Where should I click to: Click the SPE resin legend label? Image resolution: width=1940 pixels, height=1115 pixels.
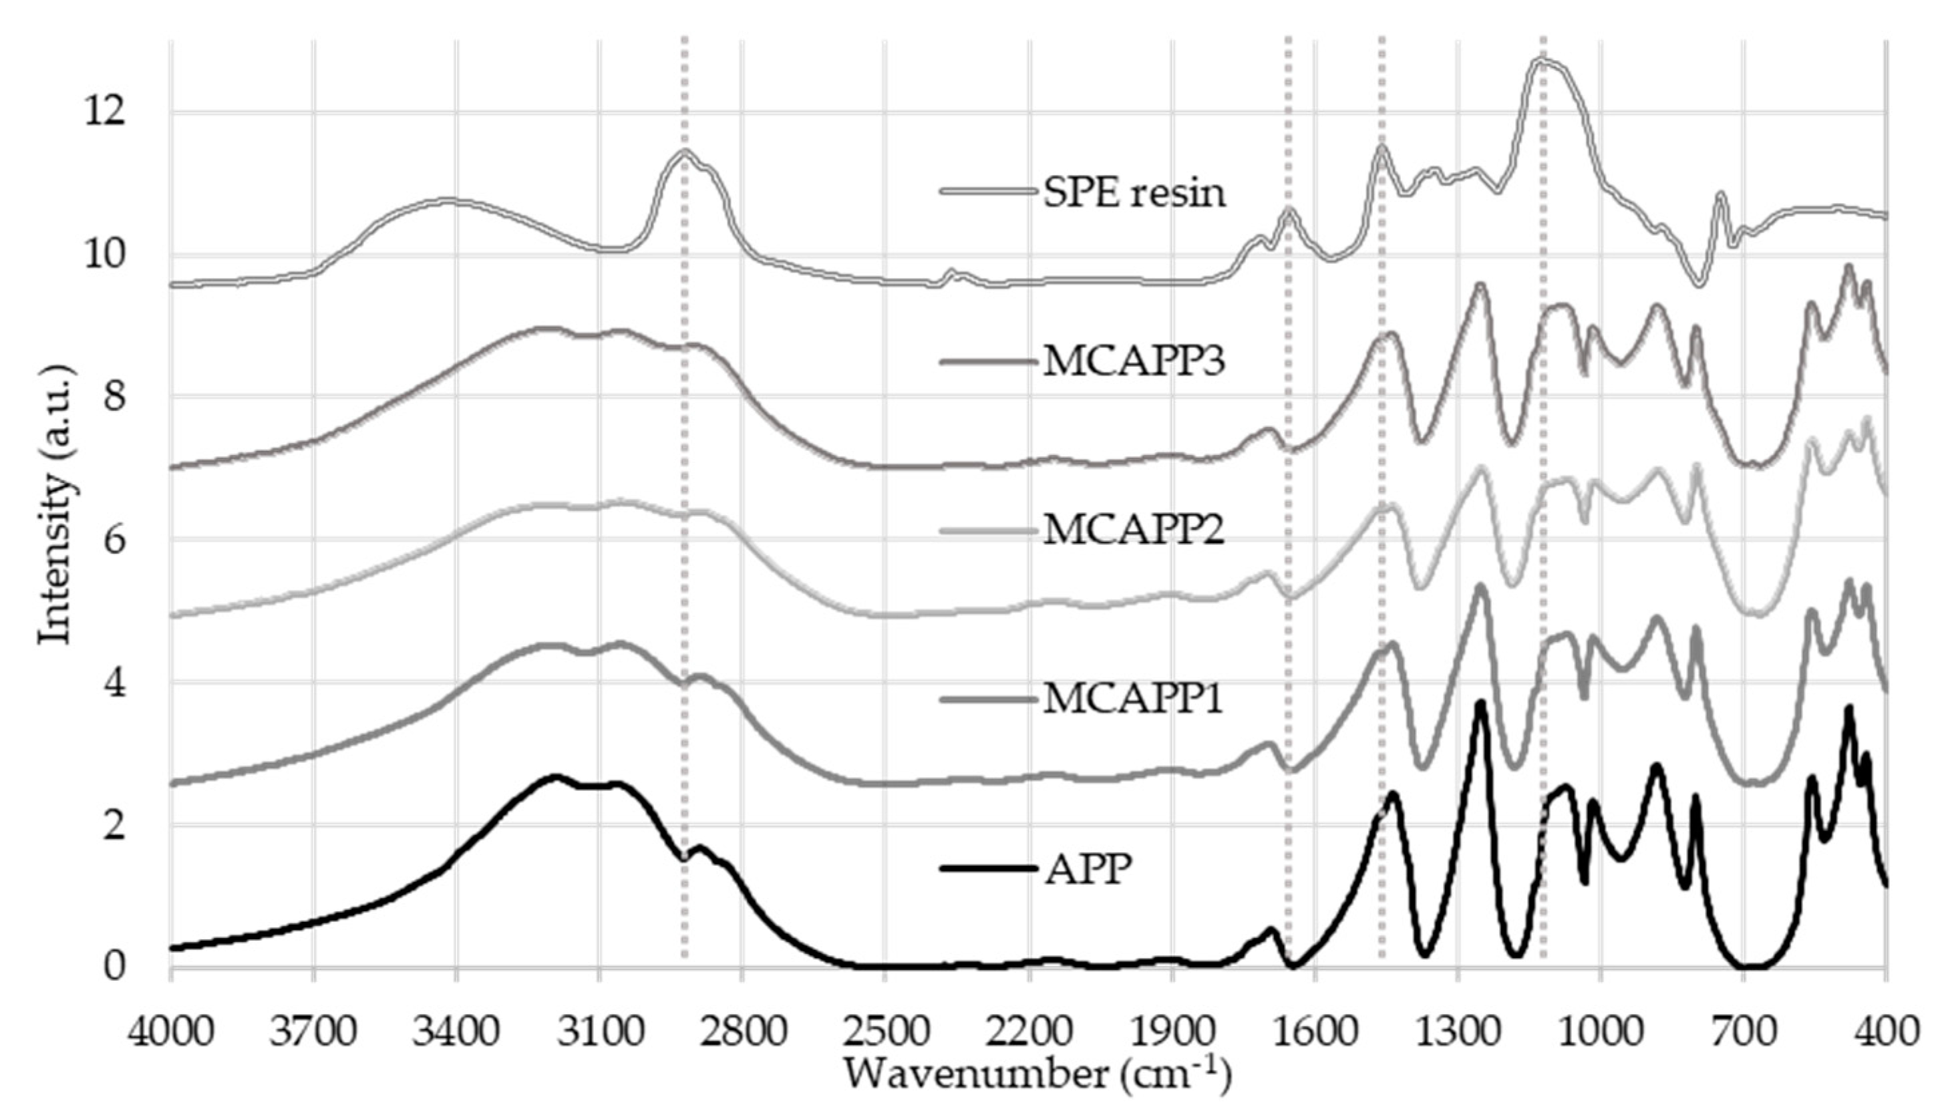tap(1133, 194)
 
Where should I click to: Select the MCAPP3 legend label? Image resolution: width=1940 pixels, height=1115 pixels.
tap(1133, 362)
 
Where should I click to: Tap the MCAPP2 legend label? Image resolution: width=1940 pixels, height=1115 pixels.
tap(1133, 530)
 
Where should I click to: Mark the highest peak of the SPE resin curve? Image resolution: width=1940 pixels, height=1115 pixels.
tap(1541, 59)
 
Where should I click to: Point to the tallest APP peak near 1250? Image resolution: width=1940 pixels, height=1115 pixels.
tap(1480, 703)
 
